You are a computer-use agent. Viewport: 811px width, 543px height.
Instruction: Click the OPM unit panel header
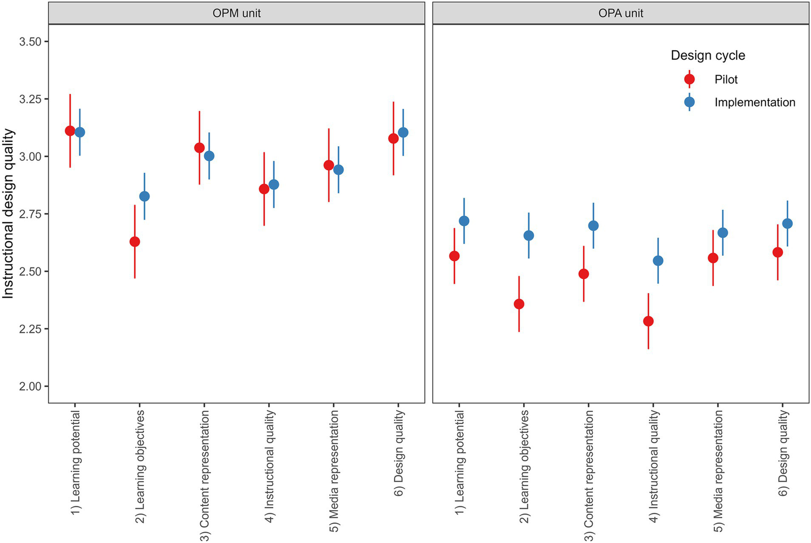[x=236, y=13]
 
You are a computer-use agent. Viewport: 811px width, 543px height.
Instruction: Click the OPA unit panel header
[x=620, y=13]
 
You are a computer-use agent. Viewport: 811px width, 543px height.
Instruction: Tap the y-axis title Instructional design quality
[x=8, y=214]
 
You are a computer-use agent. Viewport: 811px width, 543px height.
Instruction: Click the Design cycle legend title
[x=707, y=56]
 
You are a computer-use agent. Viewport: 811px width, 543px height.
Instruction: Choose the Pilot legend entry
[x=725, y=79]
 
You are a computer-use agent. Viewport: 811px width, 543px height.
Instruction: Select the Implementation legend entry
[x=754, y=103]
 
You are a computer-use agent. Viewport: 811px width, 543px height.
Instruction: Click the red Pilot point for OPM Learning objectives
[x=135, y=242]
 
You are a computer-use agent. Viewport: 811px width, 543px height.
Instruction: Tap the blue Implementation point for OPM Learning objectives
[x=144, y=196]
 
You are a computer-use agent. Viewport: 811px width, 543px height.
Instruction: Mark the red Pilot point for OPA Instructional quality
[x=648, y=321]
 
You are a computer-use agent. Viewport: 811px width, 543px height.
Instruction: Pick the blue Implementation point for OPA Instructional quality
[x=658, y=261]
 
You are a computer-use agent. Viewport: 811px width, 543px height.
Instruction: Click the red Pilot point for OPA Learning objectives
[x=519, y=304]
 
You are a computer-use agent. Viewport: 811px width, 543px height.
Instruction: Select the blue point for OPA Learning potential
[x=464, y=221]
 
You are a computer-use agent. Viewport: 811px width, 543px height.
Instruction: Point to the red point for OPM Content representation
[x=199, y=148]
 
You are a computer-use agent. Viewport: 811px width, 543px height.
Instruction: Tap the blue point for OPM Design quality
[x=403, y=132]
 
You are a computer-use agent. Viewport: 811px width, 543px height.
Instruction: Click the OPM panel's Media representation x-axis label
[x=334, y=471]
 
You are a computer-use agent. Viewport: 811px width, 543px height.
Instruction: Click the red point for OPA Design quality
[x=778, y=252]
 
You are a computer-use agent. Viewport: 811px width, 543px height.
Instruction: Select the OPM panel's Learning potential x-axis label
[x=76, y=463]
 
